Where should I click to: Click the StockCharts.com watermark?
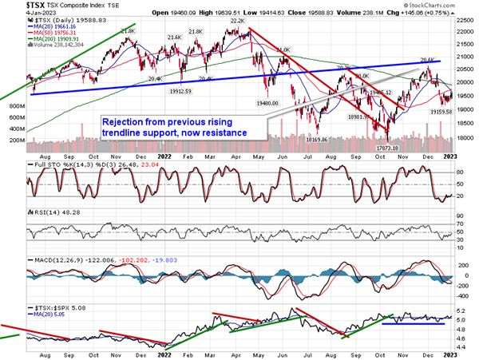click(x=451, y=6)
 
